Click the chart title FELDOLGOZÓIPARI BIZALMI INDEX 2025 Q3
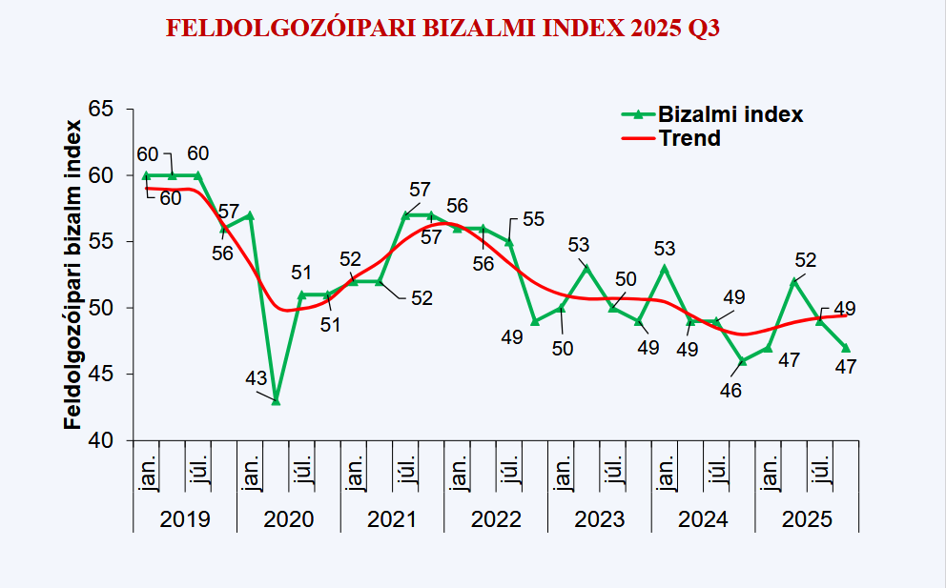point(442,29)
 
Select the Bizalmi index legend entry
point(730,114)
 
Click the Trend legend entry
point(689,138)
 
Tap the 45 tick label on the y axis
point(101,375)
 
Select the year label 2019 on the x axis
point(185,519)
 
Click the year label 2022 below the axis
point(496,519)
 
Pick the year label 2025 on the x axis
point(807,519)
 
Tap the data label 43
point(256,378)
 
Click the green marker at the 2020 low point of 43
point(276,401)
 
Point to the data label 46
point(730,390)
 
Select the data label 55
point(533,220)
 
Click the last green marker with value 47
point(846,348)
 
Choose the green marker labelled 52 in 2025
point(793,281)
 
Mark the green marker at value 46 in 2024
point(742,361)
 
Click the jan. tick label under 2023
point(562,472)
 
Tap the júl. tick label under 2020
point(302,472)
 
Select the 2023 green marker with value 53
point(586,268)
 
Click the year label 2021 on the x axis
point(392,519)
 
